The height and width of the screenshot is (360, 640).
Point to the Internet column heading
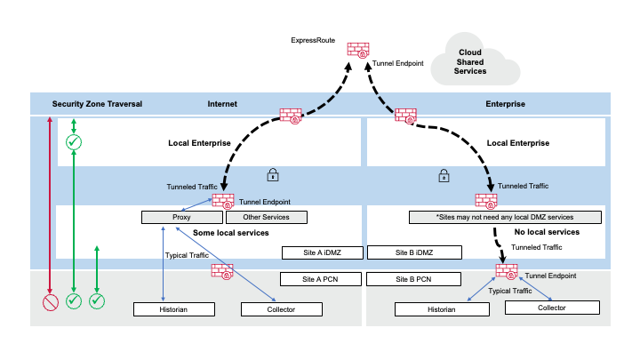click(222, 104)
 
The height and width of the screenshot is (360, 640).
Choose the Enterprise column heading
click(505, 104)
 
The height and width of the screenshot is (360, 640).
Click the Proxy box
click(181, 217)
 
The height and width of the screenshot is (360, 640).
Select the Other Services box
click(269, 217)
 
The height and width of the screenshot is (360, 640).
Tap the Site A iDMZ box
click(323, 252)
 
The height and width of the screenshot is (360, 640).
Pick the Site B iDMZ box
click(412, 252)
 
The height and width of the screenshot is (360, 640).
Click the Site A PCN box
click(323, 279)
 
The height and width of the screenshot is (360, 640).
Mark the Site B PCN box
click(412, 279)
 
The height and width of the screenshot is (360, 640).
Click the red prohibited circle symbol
click(51, 302)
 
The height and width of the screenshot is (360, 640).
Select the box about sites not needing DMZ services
click(504, 217)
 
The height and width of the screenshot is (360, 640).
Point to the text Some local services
click(229, 233)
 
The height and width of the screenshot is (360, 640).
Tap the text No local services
click(547, 232)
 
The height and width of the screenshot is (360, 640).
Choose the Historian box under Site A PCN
click(174, 309)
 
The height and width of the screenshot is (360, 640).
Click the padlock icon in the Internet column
click(274, 176)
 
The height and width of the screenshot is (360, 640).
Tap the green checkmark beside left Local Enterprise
click(75, 142)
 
